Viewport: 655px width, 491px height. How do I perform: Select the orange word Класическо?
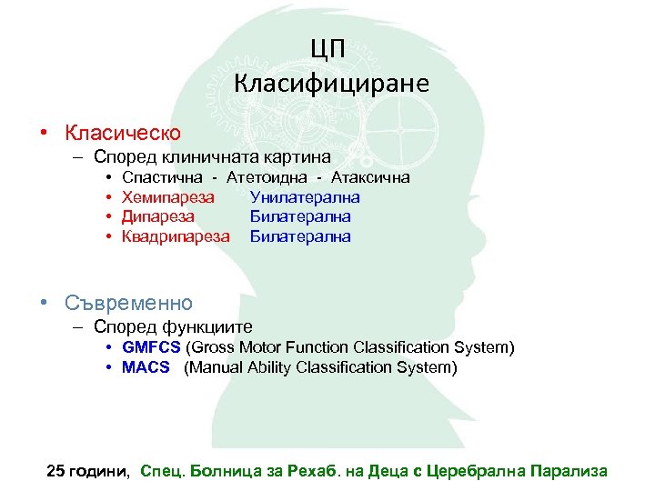click(x=122, y=133)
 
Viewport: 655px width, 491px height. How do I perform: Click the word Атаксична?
click(x=370, y=177)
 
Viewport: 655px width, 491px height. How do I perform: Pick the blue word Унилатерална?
click(x=305, y=197)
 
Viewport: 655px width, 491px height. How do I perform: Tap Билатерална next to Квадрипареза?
click(x=300, y=236)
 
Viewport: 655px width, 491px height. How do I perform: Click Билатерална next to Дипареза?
click(x=300, y=216)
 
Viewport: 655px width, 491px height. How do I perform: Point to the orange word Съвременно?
click(x=128, y=302)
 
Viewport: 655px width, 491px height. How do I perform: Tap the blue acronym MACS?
click(x=146, y=367)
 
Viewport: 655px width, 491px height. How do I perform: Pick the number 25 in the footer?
click(x=56, y=471)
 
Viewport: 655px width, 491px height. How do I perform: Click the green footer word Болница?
click(x=219, y=471)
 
